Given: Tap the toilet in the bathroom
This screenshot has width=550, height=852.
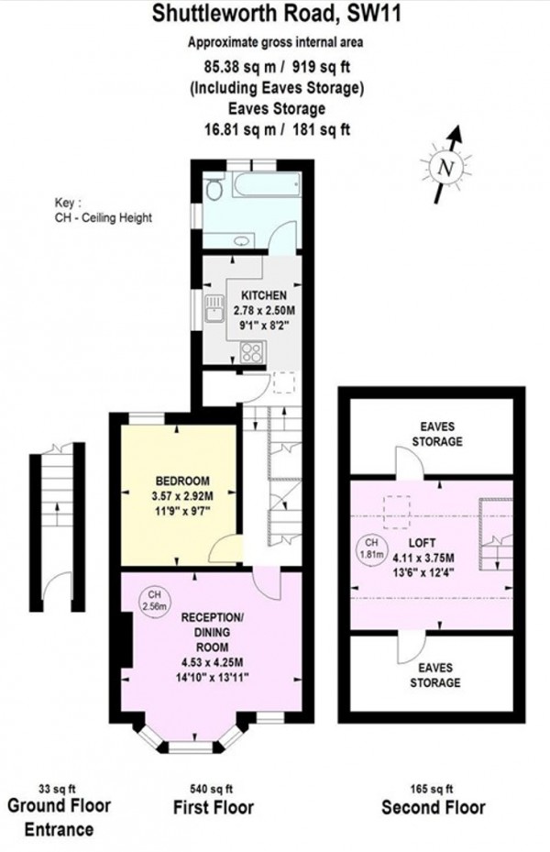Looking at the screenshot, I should pos(213,190).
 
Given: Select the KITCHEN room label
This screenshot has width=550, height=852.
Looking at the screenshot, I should pos(264,294).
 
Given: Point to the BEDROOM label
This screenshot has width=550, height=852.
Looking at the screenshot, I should pos(183,481).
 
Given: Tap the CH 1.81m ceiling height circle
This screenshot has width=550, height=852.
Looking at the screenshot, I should pos(368,548).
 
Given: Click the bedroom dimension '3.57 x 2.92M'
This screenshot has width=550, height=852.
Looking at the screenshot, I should pos(183,497).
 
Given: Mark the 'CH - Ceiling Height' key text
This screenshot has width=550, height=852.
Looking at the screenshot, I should pos(102,217).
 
